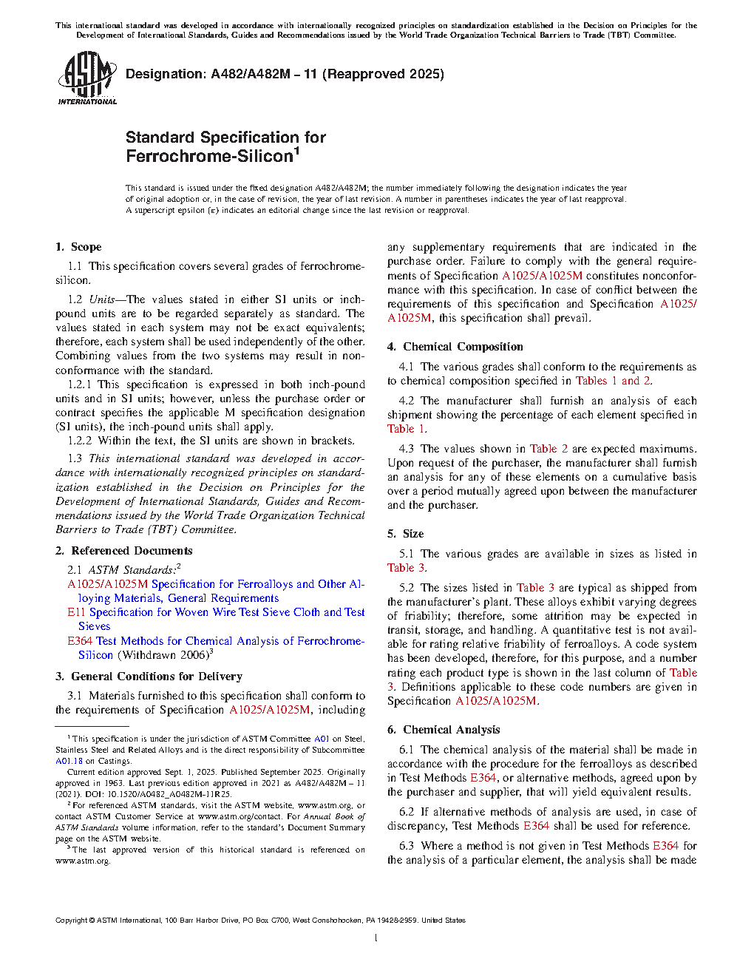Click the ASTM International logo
pos(87,78)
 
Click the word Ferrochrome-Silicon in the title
pos(209,157)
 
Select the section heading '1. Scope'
pos(78,247)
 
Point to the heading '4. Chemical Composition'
pos(455,347)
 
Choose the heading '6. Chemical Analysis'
pos(444,730)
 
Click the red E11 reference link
pos(76,612)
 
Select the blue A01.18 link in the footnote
pos(69,761)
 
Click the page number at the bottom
pos(376,938)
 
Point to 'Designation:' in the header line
pos(166,74)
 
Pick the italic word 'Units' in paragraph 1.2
pos(101,299)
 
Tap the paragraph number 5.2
pos(407,588)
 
